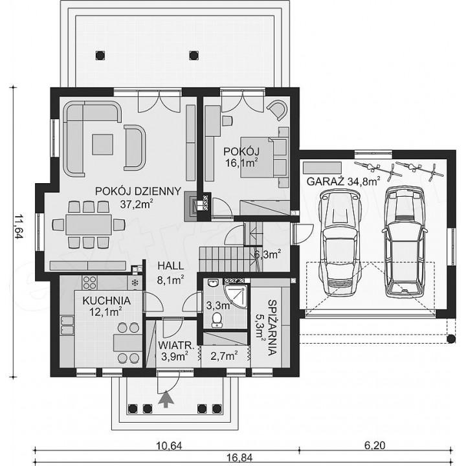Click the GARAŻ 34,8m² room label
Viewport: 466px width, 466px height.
tap(343, 181)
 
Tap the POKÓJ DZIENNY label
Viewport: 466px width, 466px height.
tap(138, 191)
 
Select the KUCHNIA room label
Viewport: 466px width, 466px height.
tap(106, 301)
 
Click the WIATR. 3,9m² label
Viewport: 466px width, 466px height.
tap(176, 351)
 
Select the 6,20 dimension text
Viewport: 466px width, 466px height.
tap(375, 445)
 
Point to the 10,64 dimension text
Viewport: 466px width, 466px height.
tap(169, 445)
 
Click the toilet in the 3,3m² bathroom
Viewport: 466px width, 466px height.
tap(217, 320)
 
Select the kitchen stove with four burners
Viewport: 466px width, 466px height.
tap(89, 282)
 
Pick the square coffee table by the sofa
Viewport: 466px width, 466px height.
tap(102, 144)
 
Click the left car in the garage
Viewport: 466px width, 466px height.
tap(340, 242)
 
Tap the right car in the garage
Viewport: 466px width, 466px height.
tap(405, 241)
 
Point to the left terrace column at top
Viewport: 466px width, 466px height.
tap(100, 55)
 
